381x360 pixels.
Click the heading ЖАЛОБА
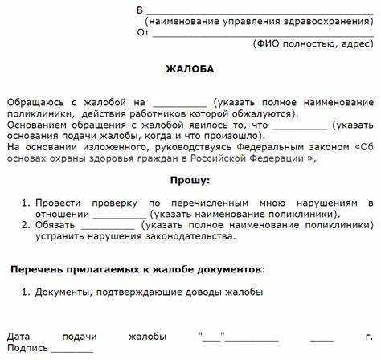190,69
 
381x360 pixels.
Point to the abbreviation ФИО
268,44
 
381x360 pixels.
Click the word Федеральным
272,147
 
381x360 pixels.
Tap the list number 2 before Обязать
25,226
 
